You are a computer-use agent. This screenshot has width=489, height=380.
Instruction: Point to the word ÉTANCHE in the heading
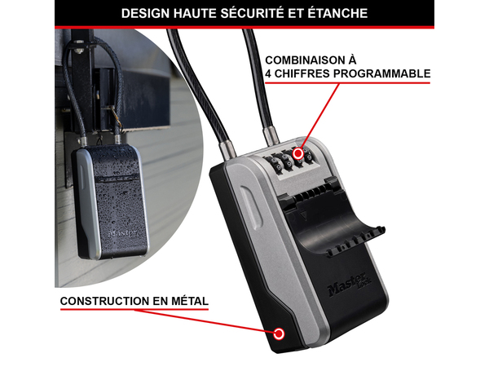tap(338, 14)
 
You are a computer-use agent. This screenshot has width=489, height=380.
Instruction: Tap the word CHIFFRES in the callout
tap(301, 74)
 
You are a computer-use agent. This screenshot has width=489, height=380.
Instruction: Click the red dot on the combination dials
tap(298, 152)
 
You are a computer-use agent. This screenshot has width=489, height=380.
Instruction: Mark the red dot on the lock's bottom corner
tap(280, 334)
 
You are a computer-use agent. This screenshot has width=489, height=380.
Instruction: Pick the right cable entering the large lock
tap(266, 106)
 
